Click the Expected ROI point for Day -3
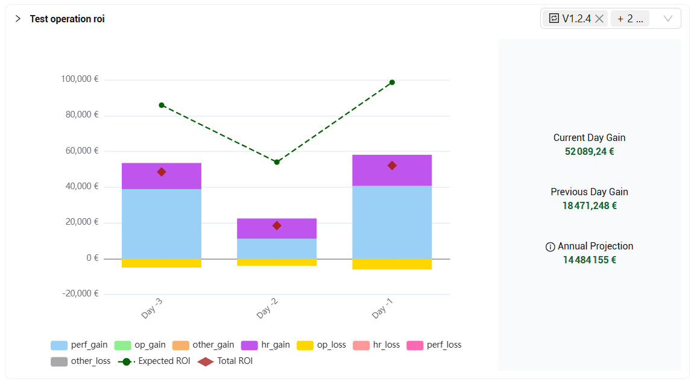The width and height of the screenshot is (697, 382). (162, 105)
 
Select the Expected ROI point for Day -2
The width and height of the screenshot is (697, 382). (277, 162)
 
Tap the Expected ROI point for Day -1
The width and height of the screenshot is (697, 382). (392, 83)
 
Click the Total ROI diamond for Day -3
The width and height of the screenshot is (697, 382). (162, 172)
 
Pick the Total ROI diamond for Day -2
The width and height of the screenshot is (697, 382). (277, 225)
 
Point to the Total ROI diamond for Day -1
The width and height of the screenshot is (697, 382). (392, 165)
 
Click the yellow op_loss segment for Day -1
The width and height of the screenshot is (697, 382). (392, 264)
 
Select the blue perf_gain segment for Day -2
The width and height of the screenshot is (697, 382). (277, 248)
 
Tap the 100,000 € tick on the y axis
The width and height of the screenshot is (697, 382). (80, 79)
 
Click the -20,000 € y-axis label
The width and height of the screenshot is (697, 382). (80, 293)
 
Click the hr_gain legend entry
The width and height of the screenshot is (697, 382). (265, 345)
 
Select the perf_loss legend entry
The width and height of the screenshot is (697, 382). (434, 345)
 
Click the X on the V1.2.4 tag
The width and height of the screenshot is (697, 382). (599, 19)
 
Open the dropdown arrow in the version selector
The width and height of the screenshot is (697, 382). (668, 19)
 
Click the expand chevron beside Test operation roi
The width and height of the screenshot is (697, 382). (18, 19)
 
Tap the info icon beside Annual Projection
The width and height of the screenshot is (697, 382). (550, 246)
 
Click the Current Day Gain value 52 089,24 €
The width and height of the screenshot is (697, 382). (589, 151)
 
